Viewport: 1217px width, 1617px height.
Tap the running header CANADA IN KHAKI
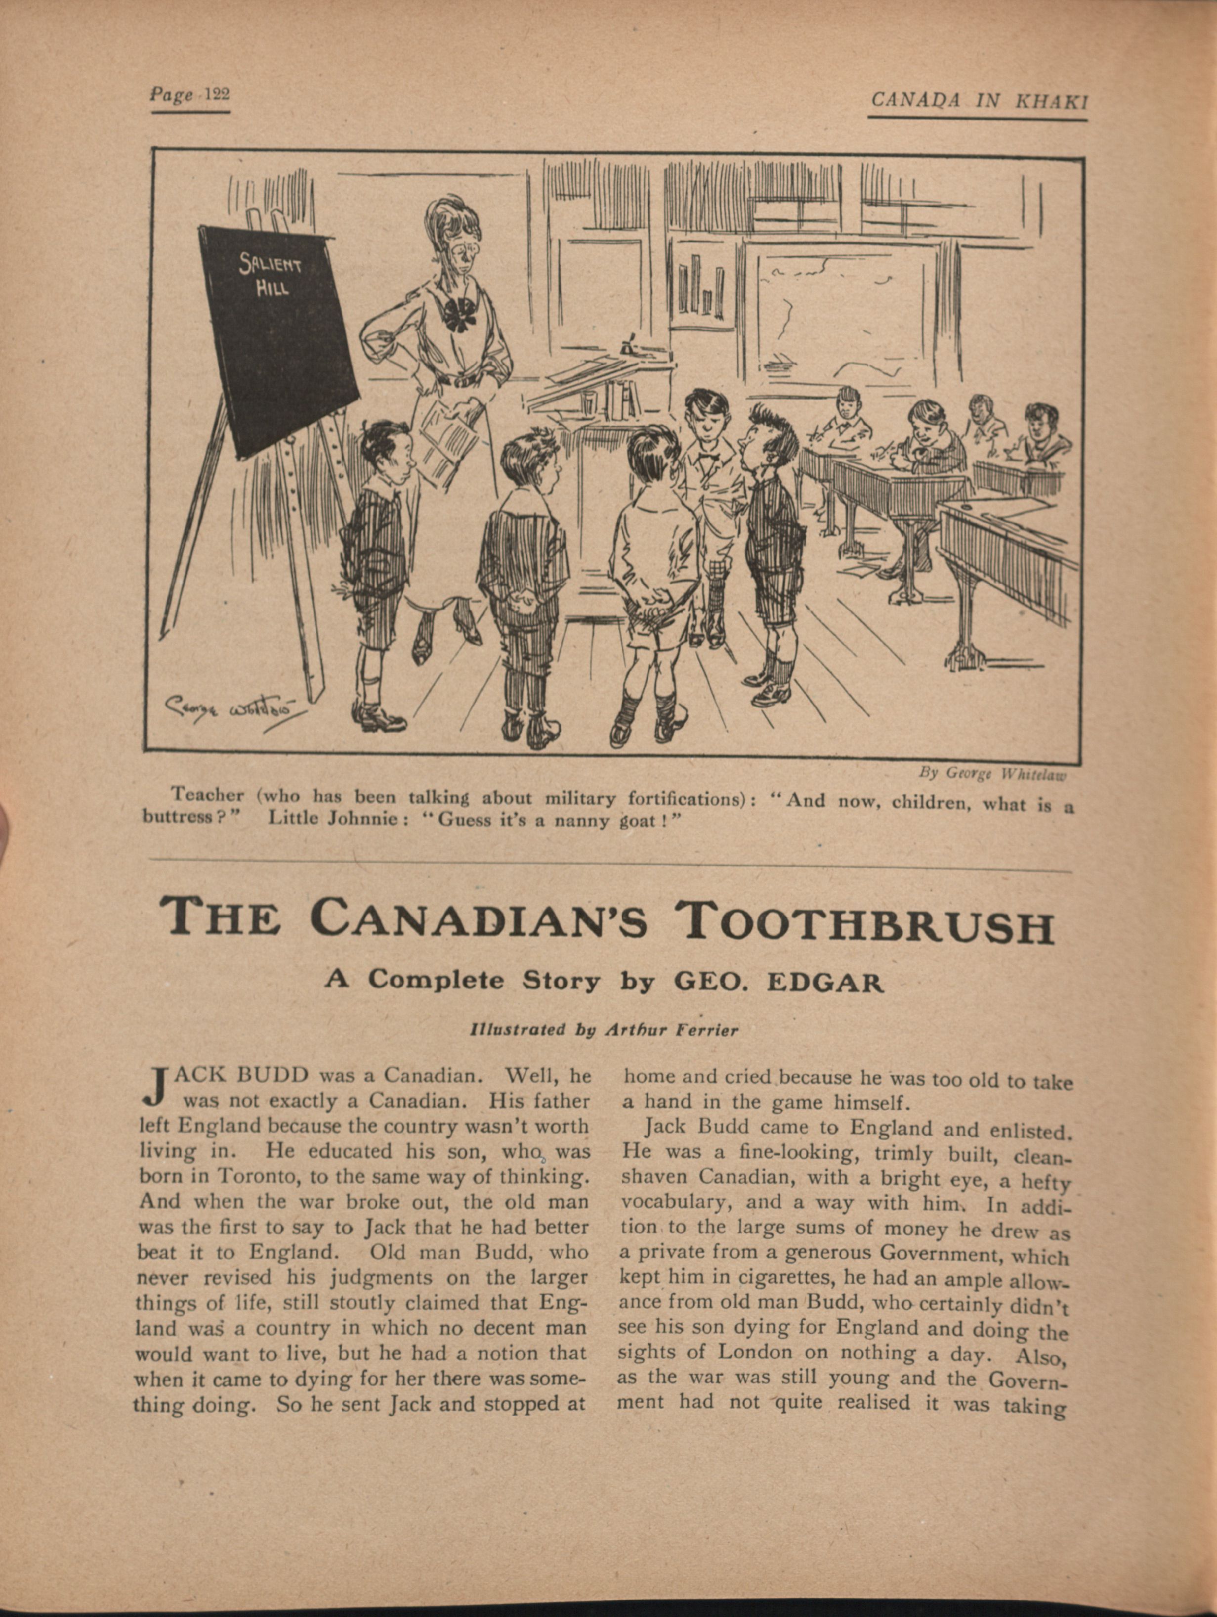point(979,101)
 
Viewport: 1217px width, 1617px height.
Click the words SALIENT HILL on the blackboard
point(272,274)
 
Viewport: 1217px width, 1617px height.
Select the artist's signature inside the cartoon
point(232,707)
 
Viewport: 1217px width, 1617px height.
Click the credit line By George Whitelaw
point(992,773)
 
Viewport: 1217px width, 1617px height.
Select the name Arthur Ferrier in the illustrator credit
point(672,1030)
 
